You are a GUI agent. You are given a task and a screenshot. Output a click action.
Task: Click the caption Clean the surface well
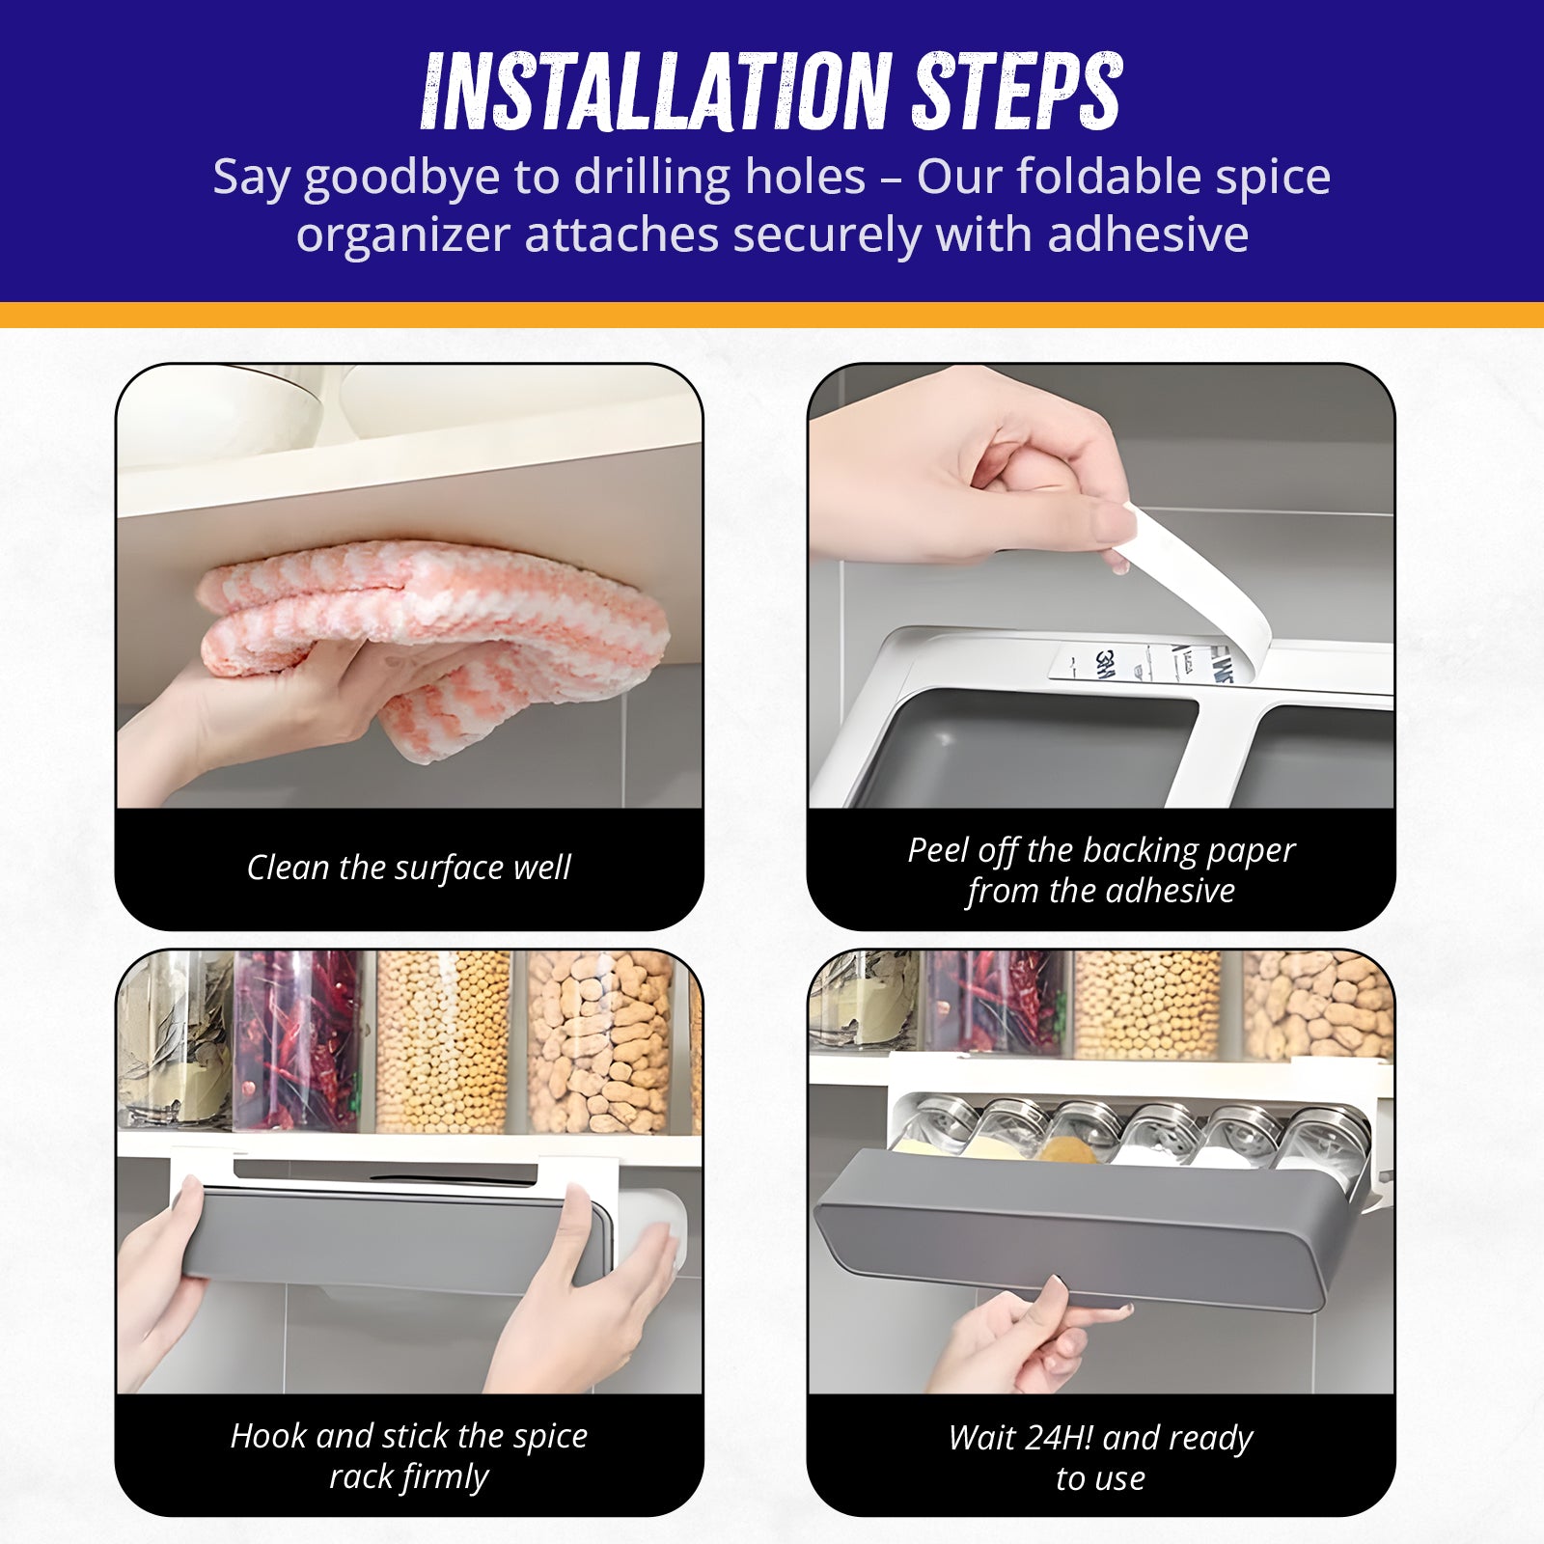(x=409, y=868)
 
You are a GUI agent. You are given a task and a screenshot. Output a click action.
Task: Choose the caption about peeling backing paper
(x=1101, y=870)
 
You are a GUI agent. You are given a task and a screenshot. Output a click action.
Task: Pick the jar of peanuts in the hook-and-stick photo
(x=600, y=1042)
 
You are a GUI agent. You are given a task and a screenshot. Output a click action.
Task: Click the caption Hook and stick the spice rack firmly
(x=409, y=1456)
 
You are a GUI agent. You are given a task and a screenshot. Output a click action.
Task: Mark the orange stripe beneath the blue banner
(x=772, y=315)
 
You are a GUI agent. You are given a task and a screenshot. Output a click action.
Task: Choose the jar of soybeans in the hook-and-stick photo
(x=442, y=1042)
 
